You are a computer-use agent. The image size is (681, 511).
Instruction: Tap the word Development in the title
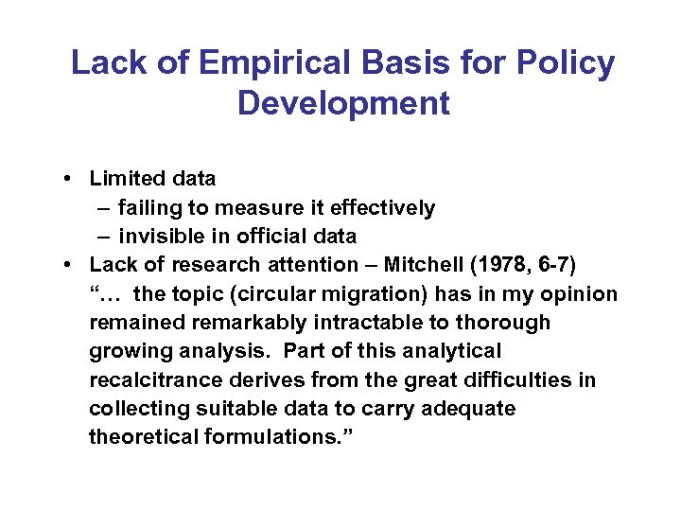[x=343, y=102]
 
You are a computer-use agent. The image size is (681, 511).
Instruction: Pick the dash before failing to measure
[x=102, y=207]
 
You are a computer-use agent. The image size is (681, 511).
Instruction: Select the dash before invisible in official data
[x=102, y=237]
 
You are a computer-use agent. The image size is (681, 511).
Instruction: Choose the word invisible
[x=158, y=237]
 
